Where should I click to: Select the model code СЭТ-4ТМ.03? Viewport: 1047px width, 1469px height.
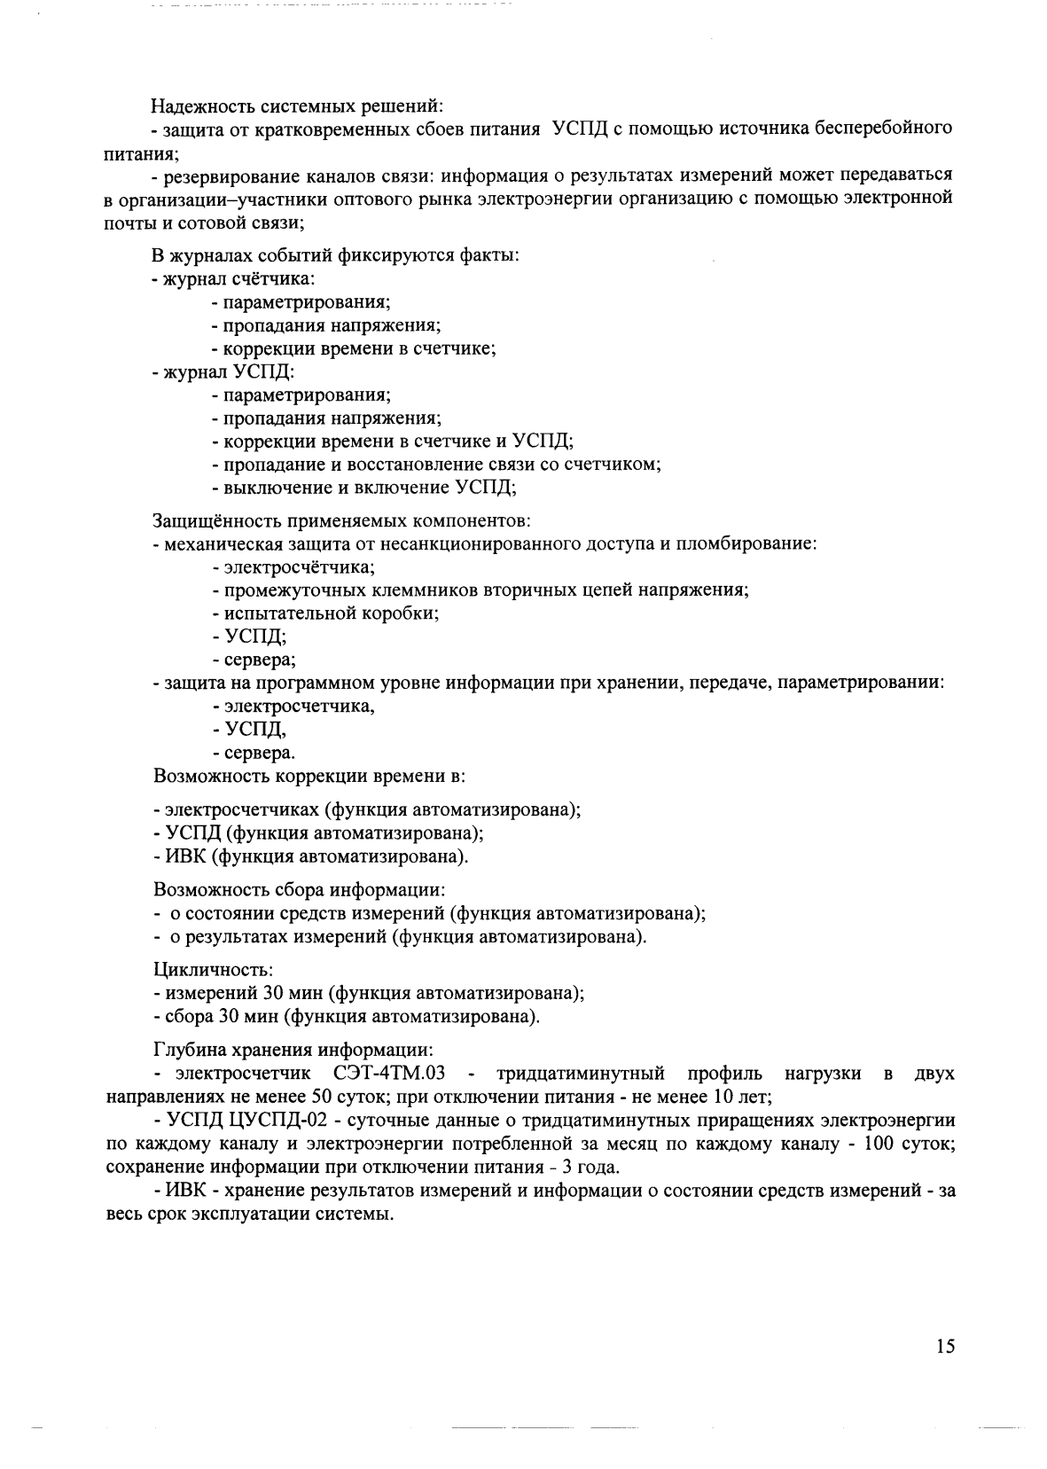click(389, 1074)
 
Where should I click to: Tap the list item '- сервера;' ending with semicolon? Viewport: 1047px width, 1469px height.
click(254, 659)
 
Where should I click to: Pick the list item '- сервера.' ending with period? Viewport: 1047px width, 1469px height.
click(254, 753)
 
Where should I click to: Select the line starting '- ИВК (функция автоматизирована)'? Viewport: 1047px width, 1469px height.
click(311, 856)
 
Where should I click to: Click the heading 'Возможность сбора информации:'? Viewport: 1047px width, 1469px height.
click(299, 888)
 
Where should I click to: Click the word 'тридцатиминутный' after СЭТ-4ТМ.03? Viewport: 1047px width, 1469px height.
click(581, 1074)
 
